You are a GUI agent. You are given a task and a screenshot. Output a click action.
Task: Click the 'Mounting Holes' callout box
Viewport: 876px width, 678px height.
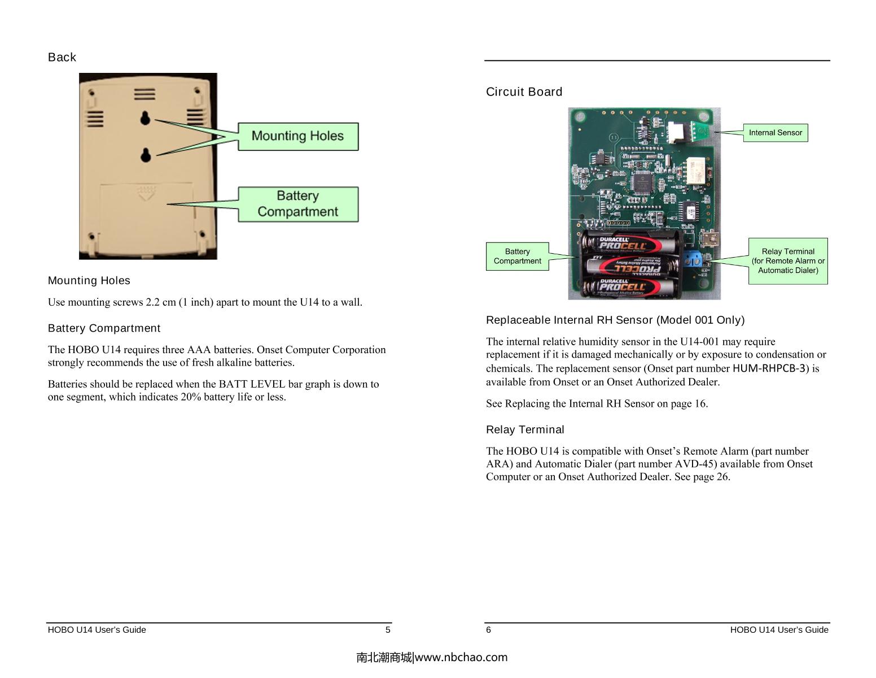pyautogui.click(x=297, y=136)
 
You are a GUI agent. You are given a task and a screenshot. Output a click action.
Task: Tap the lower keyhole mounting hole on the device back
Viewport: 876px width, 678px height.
pyautogui.click(x=146, y=154)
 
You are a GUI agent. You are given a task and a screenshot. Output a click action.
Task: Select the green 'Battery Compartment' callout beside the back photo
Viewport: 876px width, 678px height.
pyautogui.click(x=297, y=204)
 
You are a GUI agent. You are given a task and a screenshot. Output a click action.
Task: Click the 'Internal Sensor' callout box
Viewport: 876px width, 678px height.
pyautogui.click(x=775, y=133)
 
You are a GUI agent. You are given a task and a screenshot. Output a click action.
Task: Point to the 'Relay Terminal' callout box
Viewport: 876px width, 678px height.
pyautogui.click(x=787, y=260)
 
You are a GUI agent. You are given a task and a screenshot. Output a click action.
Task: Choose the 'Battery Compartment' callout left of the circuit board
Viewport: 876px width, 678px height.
pyautogui.click(x=517, y=257)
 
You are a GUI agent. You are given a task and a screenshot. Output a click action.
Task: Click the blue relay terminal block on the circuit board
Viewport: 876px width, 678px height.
pyautogui.click(x=693, y=259)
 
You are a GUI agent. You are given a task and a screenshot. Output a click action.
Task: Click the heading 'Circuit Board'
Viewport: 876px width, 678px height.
pyautogui.click(x=524, y=92)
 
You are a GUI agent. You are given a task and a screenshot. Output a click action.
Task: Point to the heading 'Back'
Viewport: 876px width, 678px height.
pyautogui.click(x=62, y=57)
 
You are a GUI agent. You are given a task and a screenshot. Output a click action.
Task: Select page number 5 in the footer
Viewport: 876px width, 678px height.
pyautogui.click(x=388, y=629)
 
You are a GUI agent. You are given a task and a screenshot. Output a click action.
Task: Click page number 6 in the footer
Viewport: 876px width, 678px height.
pyautogui.click(x=489, y=629)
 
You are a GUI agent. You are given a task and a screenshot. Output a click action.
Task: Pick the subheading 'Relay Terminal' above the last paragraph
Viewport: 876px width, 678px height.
pyautogui.click(x=525, y=429)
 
